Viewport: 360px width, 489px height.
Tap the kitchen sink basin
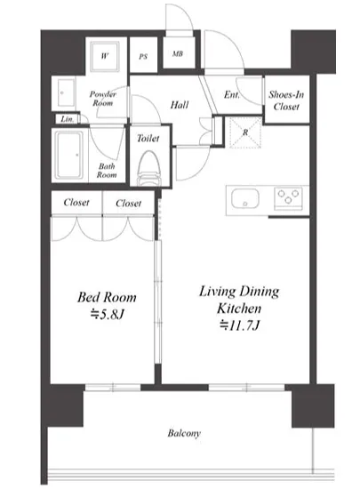point(245,198)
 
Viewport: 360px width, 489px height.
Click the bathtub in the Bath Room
point(69,155)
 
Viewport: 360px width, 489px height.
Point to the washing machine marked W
point(105,56)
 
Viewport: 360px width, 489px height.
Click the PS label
point(143,57)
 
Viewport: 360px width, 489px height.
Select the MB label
point(178,53)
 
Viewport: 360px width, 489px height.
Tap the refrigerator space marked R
point(245,132)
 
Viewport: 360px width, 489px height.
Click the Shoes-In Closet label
point(286,100)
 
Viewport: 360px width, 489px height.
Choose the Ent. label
point(232,94)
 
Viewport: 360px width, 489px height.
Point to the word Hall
point(180,105)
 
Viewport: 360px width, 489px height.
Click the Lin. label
point(68,119)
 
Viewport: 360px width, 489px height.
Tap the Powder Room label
point(103,98)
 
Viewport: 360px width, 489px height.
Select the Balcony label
point(184,433)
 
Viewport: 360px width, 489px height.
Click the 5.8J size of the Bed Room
point(108,314)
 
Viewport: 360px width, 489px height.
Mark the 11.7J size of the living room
point(239,325)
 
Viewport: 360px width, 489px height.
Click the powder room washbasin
point(67,92)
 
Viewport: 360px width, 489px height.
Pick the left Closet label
point(76,203)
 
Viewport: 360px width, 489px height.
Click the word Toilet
point(148,138)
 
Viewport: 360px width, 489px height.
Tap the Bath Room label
point(107,171)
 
